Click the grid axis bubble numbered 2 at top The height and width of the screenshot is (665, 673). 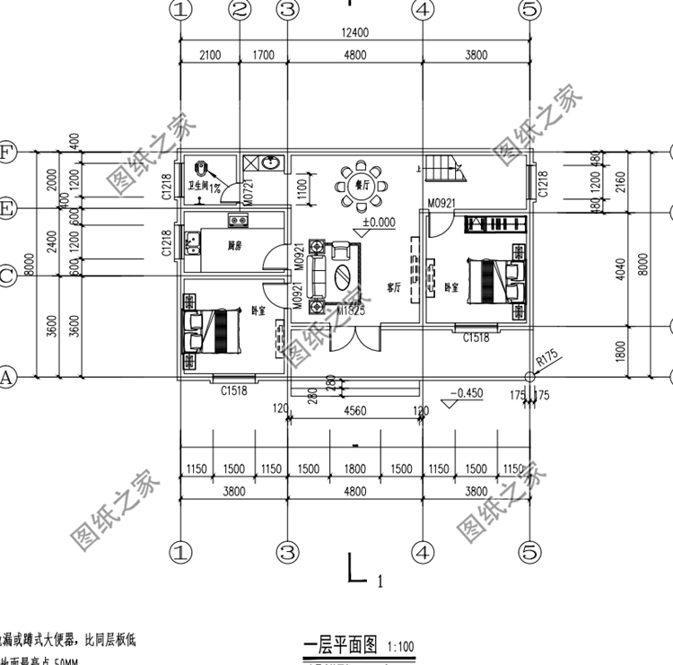click(240, 10)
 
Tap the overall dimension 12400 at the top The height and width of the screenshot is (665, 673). click(355, 33)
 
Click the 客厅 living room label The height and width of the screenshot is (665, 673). click(392, 289)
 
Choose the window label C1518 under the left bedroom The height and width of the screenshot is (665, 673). click(234, 390)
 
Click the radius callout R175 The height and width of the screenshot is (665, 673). click(546, 362)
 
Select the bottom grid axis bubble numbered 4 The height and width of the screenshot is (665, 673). click(422, 548)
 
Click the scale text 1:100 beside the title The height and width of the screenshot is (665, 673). click(401, 646)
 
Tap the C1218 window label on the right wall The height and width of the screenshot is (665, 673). click(542, 186)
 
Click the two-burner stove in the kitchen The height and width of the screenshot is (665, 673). click(238, 221)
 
